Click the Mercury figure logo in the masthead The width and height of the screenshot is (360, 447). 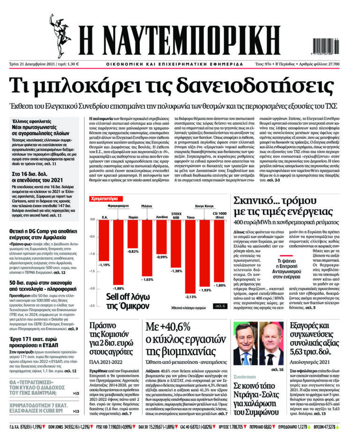[x=60, y=29]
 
